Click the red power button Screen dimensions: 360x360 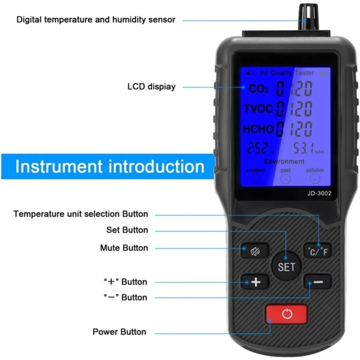pyautogui.click(x=286, y=314)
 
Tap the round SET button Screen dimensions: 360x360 pyautogui.click(x=286, y=266)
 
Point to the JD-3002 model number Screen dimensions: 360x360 pyautogui.click(x=319, y=193)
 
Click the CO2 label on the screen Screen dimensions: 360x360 pyautogui.click(x=259, y=89)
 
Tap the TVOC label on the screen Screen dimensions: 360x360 pyautogui.click(x=258, y=109)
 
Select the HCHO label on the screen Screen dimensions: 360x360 pyautogui.click(x=258, y=129)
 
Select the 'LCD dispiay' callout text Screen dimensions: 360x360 pyautogui.click(x=151, y=87)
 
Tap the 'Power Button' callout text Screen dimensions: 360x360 pyautogui.click(x=119, y=332)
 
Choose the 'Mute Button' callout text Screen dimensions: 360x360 pyautogui.click(x=124, y=248)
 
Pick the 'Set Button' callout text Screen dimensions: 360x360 pyautogui.click(x=127, y=230)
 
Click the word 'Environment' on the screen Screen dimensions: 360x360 pyautogui.click(x=284, y=162)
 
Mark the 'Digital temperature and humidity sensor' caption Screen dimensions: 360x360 pyautogui.click(x=96, y=20)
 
